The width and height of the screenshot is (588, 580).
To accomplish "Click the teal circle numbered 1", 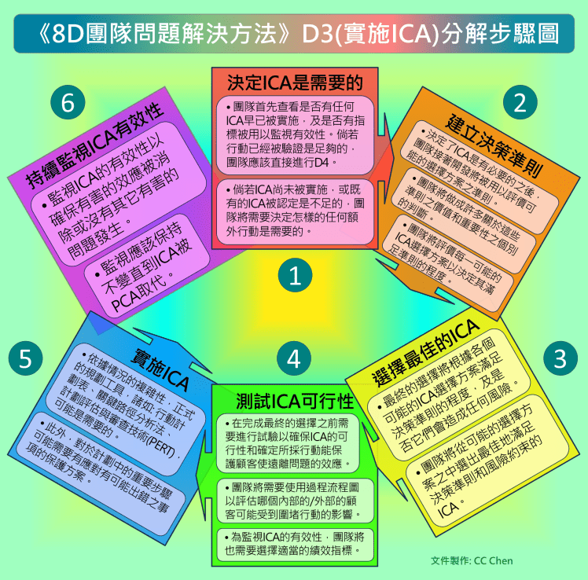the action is click(x=295, y=275).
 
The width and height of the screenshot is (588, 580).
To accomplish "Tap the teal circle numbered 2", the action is click(x=520, y=102).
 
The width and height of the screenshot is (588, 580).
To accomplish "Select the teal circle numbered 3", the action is click(x=560, y=358).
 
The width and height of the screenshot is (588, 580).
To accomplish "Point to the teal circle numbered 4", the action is click(x=294, y=358).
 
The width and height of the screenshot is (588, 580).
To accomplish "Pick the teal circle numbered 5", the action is click(x=25, y=358).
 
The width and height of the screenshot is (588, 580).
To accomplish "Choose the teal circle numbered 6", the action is click(x=68, y=102).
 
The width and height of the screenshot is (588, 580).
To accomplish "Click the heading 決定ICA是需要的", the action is click(x=295, y=83).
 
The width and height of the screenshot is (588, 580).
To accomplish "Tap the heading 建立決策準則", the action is click(x=494, y=146).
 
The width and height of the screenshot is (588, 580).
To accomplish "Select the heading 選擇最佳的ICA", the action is click(x=425, y=352).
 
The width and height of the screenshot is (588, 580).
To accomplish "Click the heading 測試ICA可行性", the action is click(x=295, y=401).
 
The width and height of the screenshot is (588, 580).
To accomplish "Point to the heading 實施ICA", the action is click(x=160, y=369).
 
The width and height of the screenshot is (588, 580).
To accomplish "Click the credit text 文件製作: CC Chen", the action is click(x=472, y=560).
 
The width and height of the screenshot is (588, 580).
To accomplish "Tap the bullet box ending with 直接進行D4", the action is click(x=295, y=135).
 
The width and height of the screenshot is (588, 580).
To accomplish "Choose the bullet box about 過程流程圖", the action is click(x=295, y=501).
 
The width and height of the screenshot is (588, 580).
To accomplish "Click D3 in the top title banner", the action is click(x=317, y=34).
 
